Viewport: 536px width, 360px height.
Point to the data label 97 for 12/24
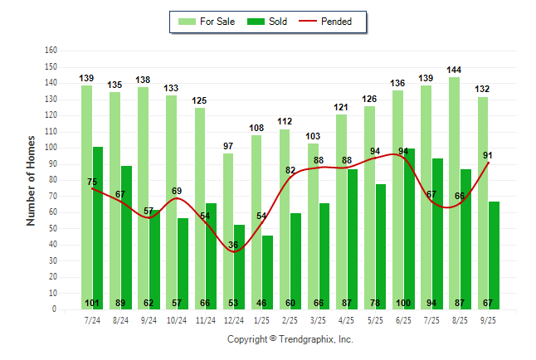click(x=228, y=147)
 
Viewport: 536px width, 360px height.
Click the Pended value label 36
click(x=233, y=245)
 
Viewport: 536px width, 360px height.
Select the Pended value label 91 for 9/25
click(x=488, y=154)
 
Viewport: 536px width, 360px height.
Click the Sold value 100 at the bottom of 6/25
click(x=403, y=302)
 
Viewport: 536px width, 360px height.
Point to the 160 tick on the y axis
click(x=51, y=51)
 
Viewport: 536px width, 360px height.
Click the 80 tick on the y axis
click(x=52, y=180)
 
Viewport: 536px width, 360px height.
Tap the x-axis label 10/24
click(x=177, y=321)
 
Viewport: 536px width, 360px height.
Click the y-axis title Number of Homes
click(x=31, y=179)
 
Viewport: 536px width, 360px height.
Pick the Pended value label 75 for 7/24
click(x=92, y=182)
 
